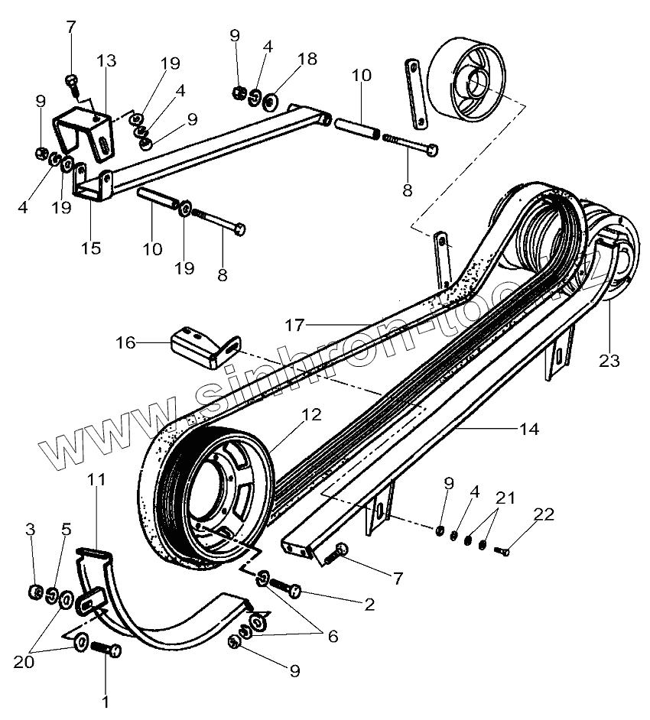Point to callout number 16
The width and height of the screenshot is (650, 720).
coord(126,343)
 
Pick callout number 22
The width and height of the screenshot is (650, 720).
coord(544,514)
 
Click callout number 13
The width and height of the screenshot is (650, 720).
coord(108,60)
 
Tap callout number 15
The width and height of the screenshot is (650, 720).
coord(90,248)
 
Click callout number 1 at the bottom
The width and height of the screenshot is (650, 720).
coord(106,700)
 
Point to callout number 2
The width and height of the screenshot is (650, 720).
coord(369,604)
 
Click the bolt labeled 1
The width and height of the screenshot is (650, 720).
coord(106,650)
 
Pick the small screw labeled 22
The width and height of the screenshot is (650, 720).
coord(503,550)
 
